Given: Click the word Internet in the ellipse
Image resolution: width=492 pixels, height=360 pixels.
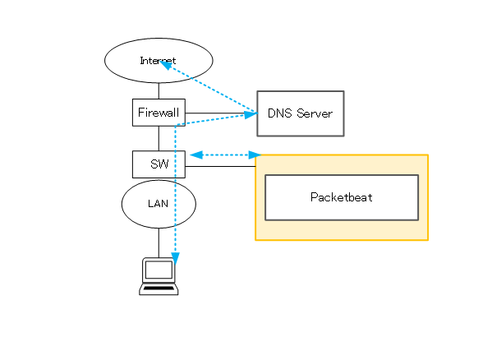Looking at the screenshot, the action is pos(158,61).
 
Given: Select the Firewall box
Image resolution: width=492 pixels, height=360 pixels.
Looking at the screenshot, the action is pos(159,113).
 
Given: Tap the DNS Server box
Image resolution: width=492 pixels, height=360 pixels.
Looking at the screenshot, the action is pos(301,113).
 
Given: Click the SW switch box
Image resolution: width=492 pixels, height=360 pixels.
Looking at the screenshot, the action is pos(159,164).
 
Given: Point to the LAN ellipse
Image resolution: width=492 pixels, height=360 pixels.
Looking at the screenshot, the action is pos(159,204).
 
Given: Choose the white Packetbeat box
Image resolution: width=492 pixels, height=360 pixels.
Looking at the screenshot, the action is pos(342,197).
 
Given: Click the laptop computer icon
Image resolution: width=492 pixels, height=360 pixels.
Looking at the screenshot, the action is pos(159,276).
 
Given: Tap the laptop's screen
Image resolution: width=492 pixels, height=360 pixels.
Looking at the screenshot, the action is pos(159,270).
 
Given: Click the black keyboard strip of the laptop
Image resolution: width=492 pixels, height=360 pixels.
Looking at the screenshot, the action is pos(159,288).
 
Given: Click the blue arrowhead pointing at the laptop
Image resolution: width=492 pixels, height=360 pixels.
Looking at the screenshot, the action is pos(176,258).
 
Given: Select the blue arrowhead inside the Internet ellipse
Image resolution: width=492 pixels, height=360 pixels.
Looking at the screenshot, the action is pos(165,65).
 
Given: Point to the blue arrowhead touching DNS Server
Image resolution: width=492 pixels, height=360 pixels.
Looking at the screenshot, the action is pos(251,114).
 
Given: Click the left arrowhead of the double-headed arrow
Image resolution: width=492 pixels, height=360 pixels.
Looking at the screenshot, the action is pos(196,155).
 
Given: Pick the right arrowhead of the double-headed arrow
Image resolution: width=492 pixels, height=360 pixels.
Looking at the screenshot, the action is pos(255,155).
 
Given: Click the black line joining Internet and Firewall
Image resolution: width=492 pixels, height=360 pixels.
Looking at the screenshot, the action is pos(159,91).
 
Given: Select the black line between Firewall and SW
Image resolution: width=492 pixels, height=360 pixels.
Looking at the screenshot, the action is pos(159,138).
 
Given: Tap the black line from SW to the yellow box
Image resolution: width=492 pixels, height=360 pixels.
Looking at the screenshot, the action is pos(220,166).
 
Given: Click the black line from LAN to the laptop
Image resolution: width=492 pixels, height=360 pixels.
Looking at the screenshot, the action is pos(159,243).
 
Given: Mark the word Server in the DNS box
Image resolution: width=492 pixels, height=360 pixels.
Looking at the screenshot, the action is pos(315,113).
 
